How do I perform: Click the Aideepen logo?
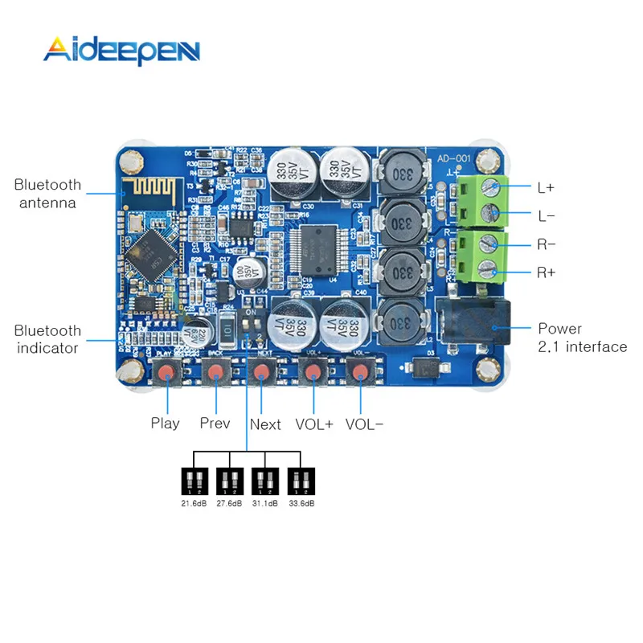pos(121,50)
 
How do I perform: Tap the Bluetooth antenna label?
pos(47,194)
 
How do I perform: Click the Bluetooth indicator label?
pos(47,339)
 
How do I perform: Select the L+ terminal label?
pos(546,187)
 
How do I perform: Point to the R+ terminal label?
pos(546,272)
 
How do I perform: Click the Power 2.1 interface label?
pos(582,338)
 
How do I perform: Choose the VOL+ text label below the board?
pos(313,424)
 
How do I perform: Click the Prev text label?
pos(215,423)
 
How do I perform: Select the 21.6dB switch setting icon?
pos(195,481)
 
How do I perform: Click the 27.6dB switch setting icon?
pos(230,481)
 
